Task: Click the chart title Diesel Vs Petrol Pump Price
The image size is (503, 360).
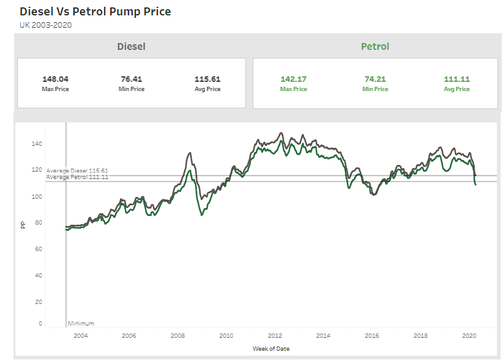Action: [95, 12]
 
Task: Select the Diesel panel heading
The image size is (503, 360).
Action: [131, 46]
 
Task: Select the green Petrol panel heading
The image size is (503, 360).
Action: [375, 46]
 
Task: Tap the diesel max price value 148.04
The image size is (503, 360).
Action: [55, 79]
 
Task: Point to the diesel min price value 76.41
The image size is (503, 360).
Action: [132, 79]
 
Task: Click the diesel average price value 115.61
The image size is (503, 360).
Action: [207, 79]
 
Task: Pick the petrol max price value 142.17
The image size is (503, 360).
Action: [293, 79]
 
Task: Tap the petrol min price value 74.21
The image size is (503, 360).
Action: [375, 79]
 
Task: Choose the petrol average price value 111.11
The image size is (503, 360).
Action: [457, 79]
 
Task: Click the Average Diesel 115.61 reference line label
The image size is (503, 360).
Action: [77, 170]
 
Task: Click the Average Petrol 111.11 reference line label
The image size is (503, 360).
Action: [77, 177]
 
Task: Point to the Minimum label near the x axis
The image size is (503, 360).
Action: [81, 323]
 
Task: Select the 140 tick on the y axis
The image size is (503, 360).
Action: [36, 143]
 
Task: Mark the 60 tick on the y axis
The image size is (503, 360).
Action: [38, 249]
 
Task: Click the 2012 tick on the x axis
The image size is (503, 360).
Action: [275, 335]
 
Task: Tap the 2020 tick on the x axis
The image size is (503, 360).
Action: [469, 335]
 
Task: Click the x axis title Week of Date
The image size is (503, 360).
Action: [271, 349]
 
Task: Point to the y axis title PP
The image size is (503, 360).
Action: [23, 225]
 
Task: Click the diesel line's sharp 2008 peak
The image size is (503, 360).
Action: [189, 153]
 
